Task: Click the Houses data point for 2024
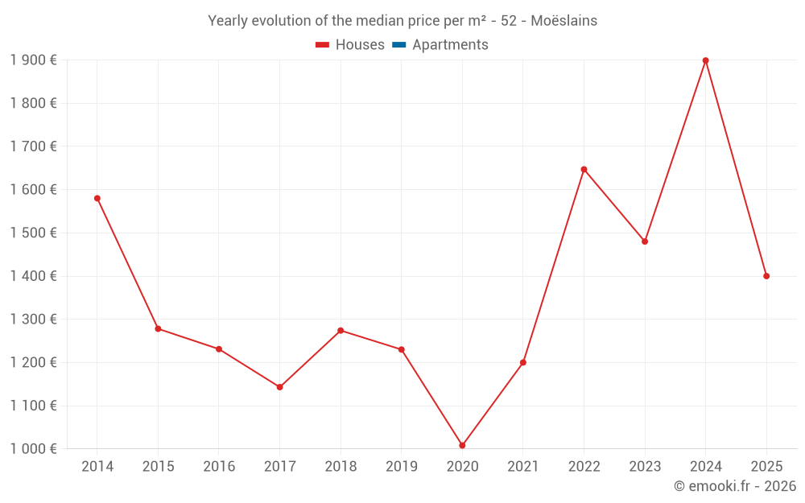pyautogui.click(x=705, y=60)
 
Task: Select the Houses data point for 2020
pyautogui.click(x=462, y=445)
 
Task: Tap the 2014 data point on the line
pyautogui.click(x=97, y=198)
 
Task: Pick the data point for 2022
pyautogui.click(x=584, y=169)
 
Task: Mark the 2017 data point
pyautogui.click(x=279, y=387)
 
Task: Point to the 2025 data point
pyautogui.click(x=766, y=276)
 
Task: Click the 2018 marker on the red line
pyautogui.click(x=341, y=330)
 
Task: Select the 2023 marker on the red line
pyautogui.click(x=645, y=241)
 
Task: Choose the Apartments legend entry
pyautogui.click(x=450, y=45)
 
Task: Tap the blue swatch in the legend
pyautogui.click(x=398, y=45)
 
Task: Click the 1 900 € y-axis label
pyautogui.click(x=33, y=60)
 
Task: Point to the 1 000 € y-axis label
pyautogui.click(x=33, y=449)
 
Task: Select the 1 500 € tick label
pyautogui.click(x=33, y=233)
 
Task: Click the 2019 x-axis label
pyautogui.click(x=401, y=467)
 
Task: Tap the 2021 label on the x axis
pyautogui.click(x=523, y=467)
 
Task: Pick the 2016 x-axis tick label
pyautogui.click(x=219, y=467)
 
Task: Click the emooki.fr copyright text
pyautogui.click(x=734, y=486)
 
